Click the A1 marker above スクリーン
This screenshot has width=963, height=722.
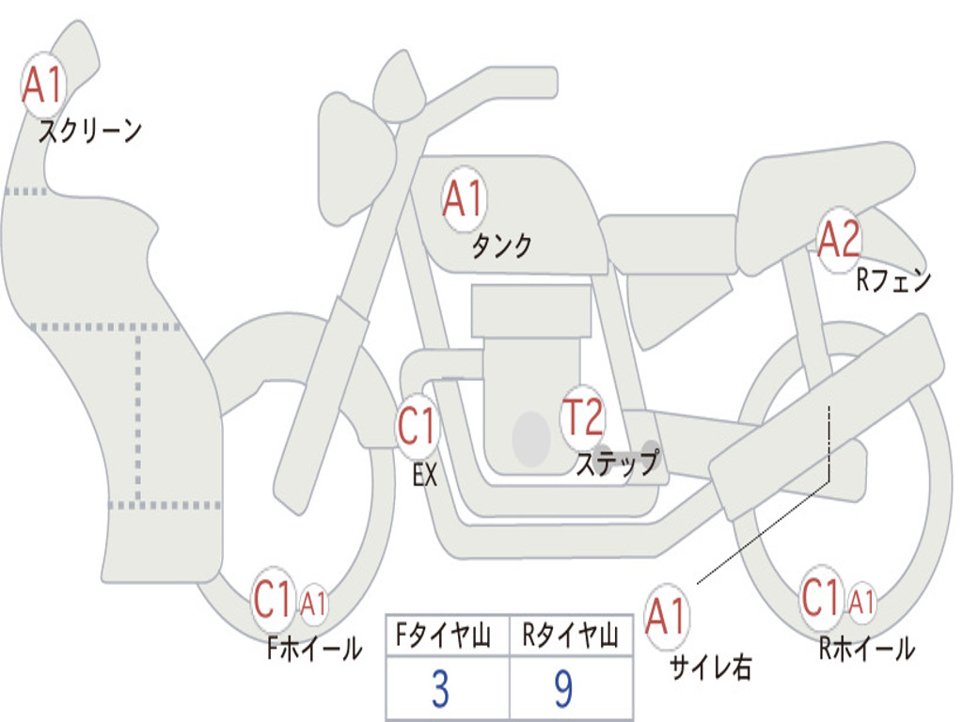coord(41,85)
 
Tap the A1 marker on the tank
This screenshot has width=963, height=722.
coord(463,200)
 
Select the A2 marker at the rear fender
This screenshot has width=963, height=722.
coord(838,240)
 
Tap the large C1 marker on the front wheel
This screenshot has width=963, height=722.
coord(274,600)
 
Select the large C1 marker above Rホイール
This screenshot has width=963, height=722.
coord(821,598)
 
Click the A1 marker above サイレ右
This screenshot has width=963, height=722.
coord(667,617)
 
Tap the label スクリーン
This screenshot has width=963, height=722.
coord(89,131)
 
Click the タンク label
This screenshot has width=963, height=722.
coord(501,246)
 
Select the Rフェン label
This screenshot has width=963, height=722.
coord(892,280)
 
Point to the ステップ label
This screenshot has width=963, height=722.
coord(618,463)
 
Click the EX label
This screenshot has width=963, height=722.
coord(425,476)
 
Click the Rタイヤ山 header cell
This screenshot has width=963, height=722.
coord(570,637)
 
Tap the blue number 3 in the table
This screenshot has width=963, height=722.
coord(439,690)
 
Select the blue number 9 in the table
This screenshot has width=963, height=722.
coord(563,690)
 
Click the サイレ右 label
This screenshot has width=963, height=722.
coord(710,667)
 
